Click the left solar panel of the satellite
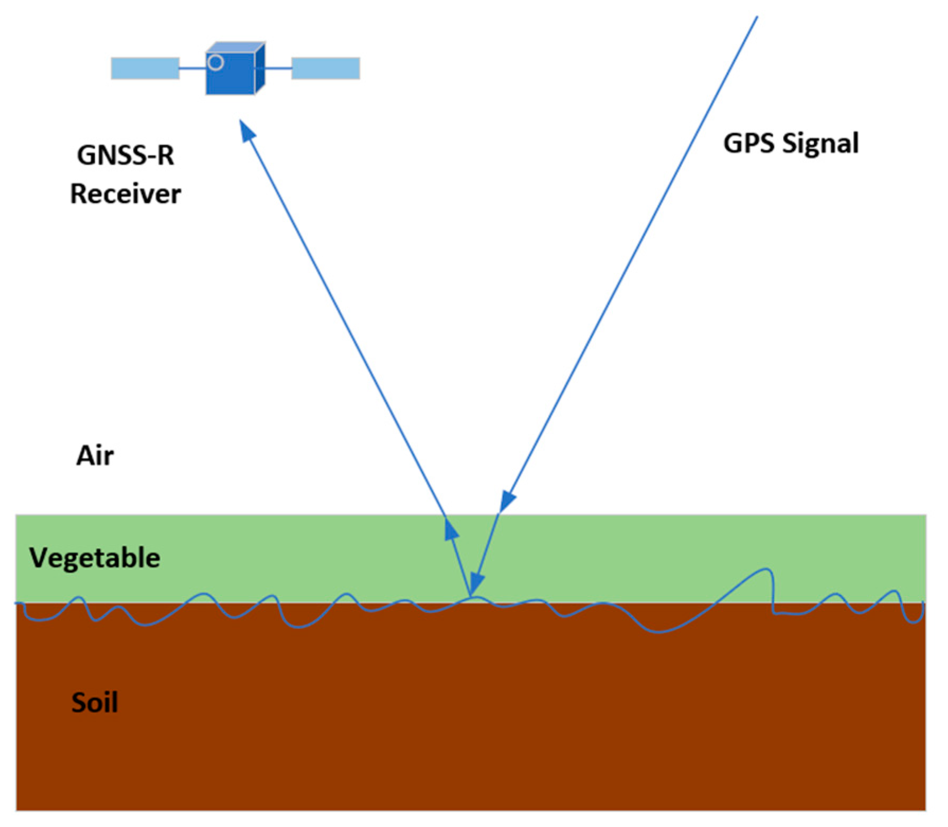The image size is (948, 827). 145,68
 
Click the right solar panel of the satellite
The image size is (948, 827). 326,68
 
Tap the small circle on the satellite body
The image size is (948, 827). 215,62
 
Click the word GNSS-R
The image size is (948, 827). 125,155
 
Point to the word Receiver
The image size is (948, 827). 125,194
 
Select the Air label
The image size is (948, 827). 95,455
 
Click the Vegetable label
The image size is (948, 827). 95,558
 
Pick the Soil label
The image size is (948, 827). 95,703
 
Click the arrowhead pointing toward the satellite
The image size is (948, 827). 247,130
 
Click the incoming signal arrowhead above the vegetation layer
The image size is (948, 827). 507,501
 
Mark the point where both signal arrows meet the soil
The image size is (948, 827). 470,597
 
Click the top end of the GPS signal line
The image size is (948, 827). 757,17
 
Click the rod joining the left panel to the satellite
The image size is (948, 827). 192,68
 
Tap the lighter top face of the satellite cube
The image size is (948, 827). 236,48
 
